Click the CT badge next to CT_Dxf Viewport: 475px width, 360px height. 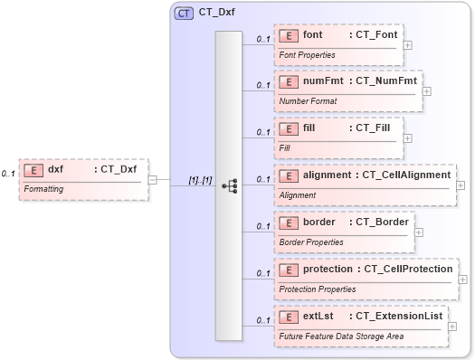click(185, 13)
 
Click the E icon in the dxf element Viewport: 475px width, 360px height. click(33, 169)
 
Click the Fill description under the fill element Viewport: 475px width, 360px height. click(284, 147)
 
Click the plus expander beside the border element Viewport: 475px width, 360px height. click(417, 232)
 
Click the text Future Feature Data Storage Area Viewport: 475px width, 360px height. click(340, 336)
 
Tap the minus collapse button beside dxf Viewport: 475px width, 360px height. click(153, 179)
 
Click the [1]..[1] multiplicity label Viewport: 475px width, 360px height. click(200, 180)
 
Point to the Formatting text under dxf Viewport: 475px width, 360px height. click(43, 189)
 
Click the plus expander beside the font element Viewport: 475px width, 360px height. click(408, 43)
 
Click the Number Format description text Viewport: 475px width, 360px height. click(308, 100)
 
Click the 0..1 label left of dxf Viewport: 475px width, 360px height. click(8, 173)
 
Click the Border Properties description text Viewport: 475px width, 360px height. click(311, 242)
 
